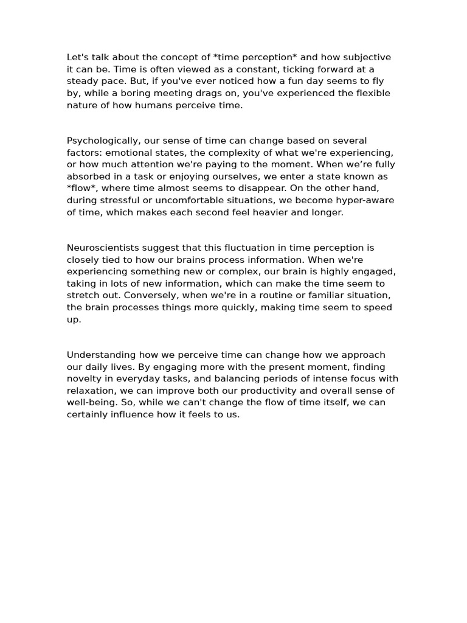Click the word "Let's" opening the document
(x=77, y=57)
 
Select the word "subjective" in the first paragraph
(x=367, y=57)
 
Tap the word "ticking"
(x=292, y=69)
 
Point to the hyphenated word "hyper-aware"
(x=366, y=200)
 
